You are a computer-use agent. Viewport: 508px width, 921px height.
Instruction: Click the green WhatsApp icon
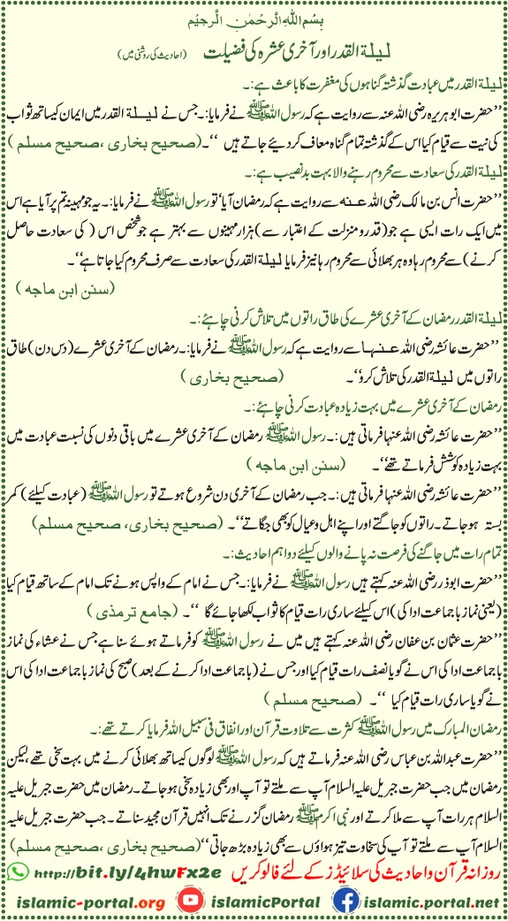point(16,871)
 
